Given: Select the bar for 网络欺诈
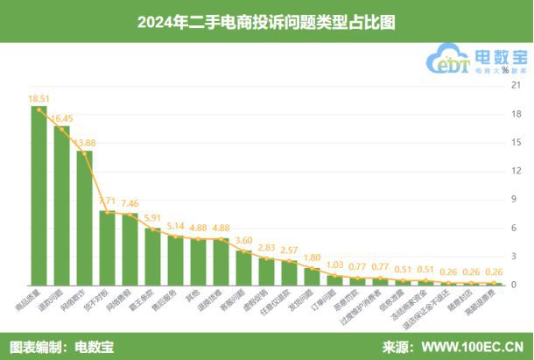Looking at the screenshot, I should click(84, 218).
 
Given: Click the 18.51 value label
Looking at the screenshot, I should click(39, 99).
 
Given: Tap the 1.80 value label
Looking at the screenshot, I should click(313, 258).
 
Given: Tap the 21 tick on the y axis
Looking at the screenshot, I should click(516, 85).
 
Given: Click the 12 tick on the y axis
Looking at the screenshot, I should click(516, 171).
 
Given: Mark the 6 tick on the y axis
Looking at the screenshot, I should click(516, 228).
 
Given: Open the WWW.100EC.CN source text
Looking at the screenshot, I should click(474, 346).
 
